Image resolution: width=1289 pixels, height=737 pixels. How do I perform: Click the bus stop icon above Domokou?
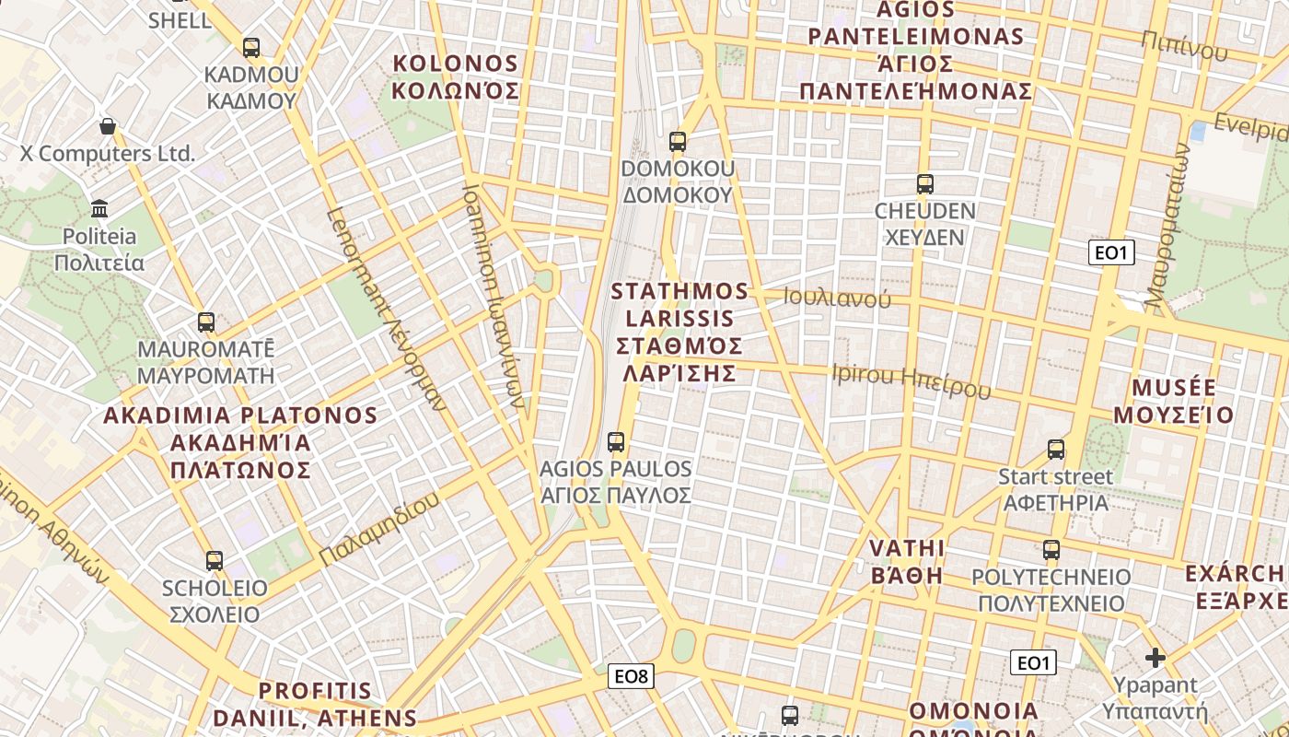(678, 142)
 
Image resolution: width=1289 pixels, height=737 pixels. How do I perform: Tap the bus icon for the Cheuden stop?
(924, 184)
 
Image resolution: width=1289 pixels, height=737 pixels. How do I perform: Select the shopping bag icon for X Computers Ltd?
(108, 126)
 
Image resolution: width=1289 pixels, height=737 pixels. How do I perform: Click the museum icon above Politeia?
(100, 209)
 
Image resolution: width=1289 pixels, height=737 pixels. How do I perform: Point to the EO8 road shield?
(632, 677)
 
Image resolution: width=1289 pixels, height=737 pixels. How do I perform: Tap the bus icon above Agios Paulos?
(616, 442)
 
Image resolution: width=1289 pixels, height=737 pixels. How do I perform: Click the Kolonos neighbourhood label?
(456, 77)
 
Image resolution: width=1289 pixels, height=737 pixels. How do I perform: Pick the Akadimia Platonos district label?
(240, 442)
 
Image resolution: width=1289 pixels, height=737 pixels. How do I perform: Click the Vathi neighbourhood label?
(907, 562)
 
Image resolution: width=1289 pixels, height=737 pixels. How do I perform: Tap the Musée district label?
(1173, 401)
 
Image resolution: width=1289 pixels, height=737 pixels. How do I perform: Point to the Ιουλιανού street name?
(837, 298)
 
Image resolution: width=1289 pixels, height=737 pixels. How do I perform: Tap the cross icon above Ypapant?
(1155, 658)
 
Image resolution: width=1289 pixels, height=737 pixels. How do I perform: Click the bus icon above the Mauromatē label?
(206, 322)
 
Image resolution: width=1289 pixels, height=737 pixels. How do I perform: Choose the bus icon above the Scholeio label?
(215, 560)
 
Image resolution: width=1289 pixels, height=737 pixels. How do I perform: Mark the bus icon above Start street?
(1056, 450)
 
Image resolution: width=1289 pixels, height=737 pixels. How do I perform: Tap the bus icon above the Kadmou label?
(251, 48)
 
